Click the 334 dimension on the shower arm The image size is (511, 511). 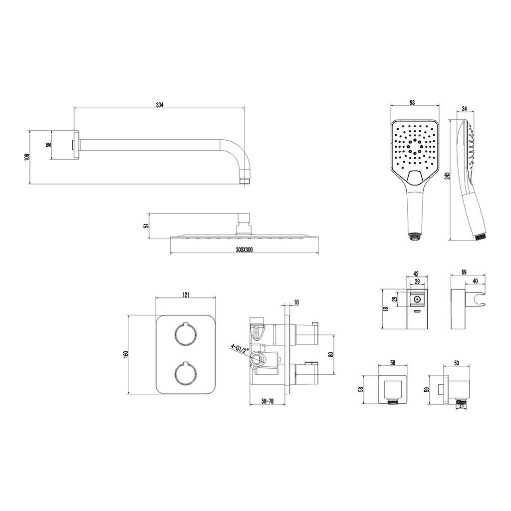tap(159, 105)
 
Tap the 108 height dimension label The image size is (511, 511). tap(27, 157)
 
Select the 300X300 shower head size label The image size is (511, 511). tap(245, 250)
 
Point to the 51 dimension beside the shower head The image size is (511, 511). tap(146, 225)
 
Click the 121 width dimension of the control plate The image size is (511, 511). tap(186, 294)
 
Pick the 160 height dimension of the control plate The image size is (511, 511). tap(126, 354)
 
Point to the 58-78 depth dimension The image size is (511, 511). tap(267, 401)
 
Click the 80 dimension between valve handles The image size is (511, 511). tap(331, 354)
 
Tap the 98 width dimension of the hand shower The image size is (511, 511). tap(412, 102)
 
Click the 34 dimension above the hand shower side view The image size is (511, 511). tap(465, 108)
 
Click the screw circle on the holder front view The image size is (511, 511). tap(417, 299)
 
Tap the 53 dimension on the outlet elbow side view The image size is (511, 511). tap(456, 362)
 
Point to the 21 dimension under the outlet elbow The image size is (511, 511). tap(461, 405)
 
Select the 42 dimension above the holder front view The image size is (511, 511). tap(416, 274)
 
